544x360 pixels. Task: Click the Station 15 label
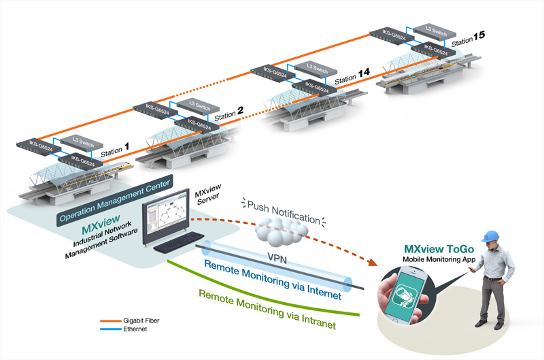(468, 39)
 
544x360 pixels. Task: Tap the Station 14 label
(352, 76)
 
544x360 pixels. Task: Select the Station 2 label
(228, 114)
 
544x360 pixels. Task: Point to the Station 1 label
(115, 150)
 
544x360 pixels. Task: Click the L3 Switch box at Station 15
(435, 31)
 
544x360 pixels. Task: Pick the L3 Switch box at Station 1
(82, 142)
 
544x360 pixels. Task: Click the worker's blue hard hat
(490, 235)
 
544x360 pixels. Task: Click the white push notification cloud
(281, 231)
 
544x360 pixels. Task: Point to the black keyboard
(179, 242)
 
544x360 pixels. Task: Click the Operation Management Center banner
(115, 201)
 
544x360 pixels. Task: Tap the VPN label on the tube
(277, 258)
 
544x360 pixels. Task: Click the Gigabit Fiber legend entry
(130, 321)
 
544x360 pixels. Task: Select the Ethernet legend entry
(124, 329)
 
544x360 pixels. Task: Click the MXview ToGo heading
(439, 249)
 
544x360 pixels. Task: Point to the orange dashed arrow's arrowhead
(372, 262)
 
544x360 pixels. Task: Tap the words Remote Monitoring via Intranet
(267, 310)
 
